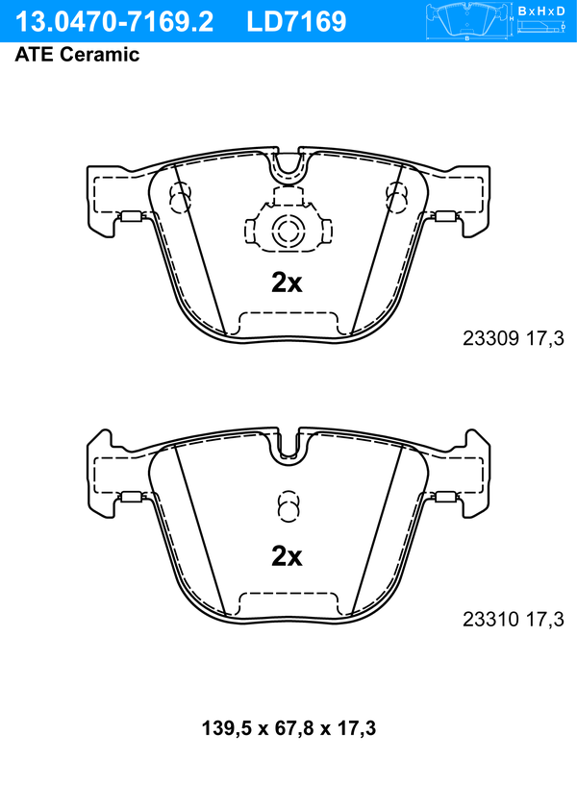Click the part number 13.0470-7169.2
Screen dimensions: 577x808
pyautogui.click(x=113, y=22)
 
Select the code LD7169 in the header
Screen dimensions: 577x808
pyautogui.click(x=296, y=22)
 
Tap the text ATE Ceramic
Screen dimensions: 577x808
pyautogui.click(x=77, y=54)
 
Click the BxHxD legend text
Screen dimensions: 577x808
pyautogui.click(x=541, y=11)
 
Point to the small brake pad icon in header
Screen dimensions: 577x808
pyautogui.click(x=467, y=20)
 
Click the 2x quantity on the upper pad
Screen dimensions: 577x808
pyautogui.click(x=287, y=282)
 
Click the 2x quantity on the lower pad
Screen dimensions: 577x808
pyautogui.click(x=287, y=556)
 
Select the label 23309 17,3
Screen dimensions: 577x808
pyautogui.click(x=514, y=338)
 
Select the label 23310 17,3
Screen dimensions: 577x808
pyautogui.click(x=514, y=619)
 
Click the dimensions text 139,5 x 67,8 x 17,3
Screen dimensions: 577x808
pyautogui.click(x=288, y=728)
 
